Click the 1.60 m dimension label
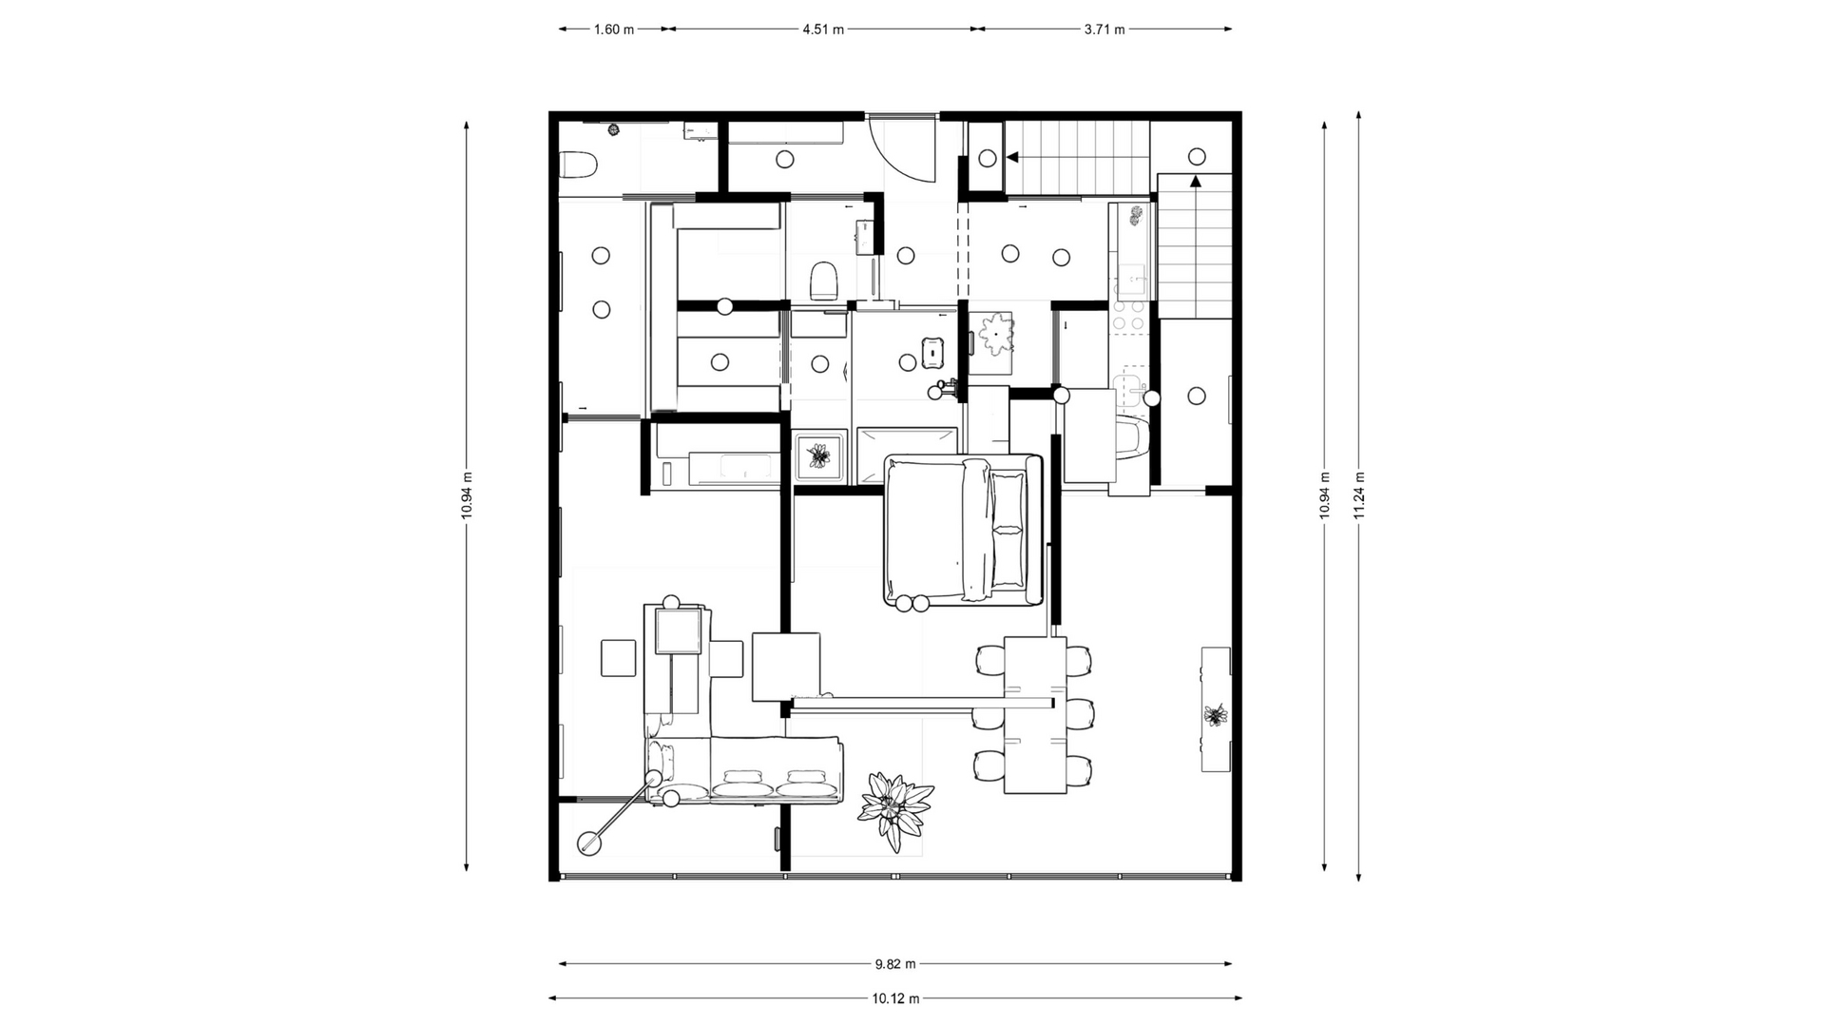point(614,29)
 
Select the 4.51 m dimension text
point(823,29)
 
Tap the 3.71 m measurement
point(1105,29)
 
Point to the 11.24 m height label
point(1359,495)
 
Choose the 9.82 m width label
point(895,964)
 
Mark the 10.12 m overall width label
point(895,998)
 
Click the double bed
point(964,530)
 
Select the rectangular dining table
point(1035,715)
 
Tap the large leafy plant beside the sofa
point(894,811)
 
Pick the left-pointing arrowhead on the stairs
point(1013,157)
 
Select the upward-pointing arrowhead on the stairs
point(1196,181)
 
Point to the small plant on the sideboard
point(1215,715)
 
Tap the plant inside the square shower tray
point(818,456)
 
